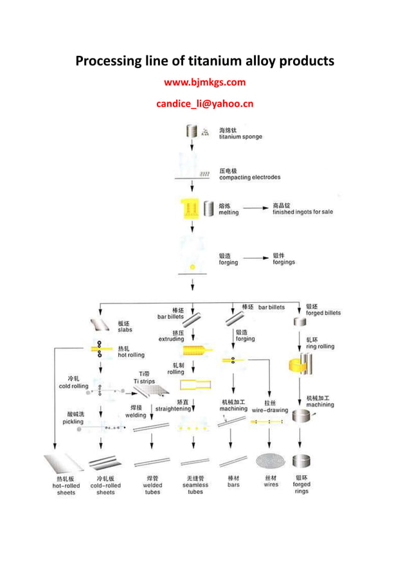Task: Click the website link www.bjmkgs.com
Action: (205, 82)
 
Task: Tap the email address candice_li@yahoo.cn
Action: (205, 104)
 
